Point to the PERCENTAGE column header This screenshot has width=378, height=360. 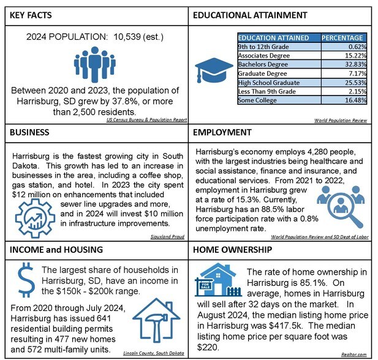(344, 38)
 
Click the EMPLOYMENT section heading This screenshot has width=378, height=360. (222, 132)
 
